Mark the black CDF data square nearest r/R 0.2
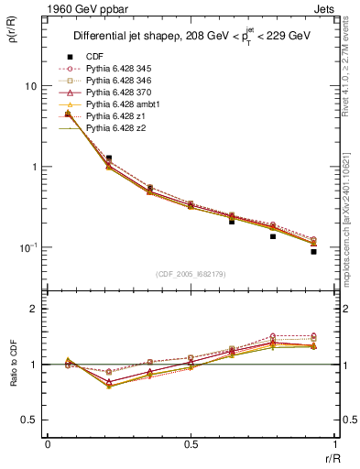(109, 158)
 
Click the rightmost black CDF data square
(313, 251)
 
